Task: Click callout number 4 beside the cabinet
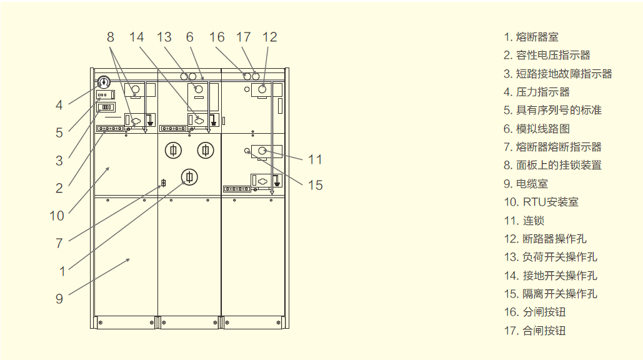pyautogui.click(x=59, y=106)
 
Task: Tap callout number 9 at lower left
pyautogui.click(x=59, y=299)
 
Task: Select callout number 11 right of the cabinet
pyautogui.click(x=315, y=159)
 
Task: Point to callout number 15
pyautogui.click(x=316, y=185)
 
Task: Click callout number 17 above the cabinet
pyautogui.click(x=243, y=37)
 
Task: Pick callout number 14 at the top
pyautogui.click(x=137, y=37)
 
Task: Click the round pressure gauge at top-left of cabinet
pyautogui.click(x=104, y=82)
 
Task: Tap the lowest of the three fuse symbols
pyautogui.click(x=189, y=177)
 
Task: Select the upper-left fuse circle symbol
pyautogui.click(x=174, y=151)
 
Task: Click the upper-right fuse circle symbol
pyautogui.click(x=206, y=151)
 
